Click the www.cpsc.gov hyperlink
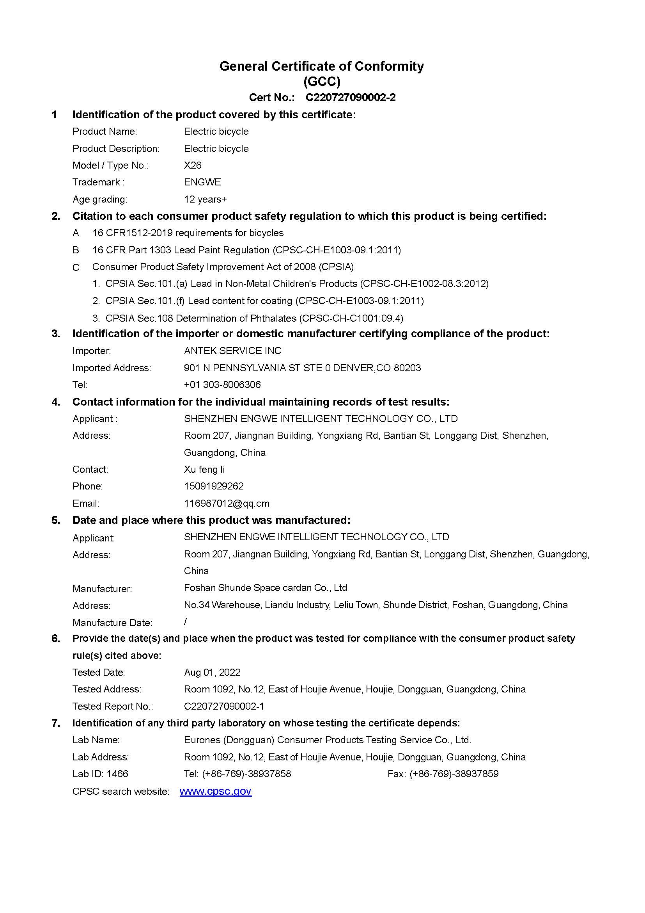(215, 791)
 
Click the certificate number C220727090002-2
(350, 98)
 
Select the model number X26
(193, 165)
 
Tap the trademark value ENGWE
(202, 182)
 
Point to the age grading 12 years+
(205, 199)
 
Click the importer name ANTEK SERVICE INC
(232, 351)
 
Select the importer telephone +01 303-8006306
(222, 384)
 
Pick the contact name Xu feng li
(204, 469)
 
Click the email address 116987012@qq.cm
(227, 504)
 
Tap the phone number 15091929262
(214, 486)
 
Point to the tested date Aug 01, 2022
(212, 672)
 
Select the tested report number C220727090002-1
(224, 706)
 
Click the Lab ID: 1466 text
(100, 773)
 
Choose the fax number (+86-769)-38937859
(454, 773)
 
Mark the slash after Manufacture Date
(185, 621)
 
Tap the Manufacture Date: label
(112, 622)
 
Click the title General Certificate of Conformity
(321, 66)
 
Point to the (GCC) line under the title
(322, 82)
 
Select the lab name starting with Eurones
(327, 740)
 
